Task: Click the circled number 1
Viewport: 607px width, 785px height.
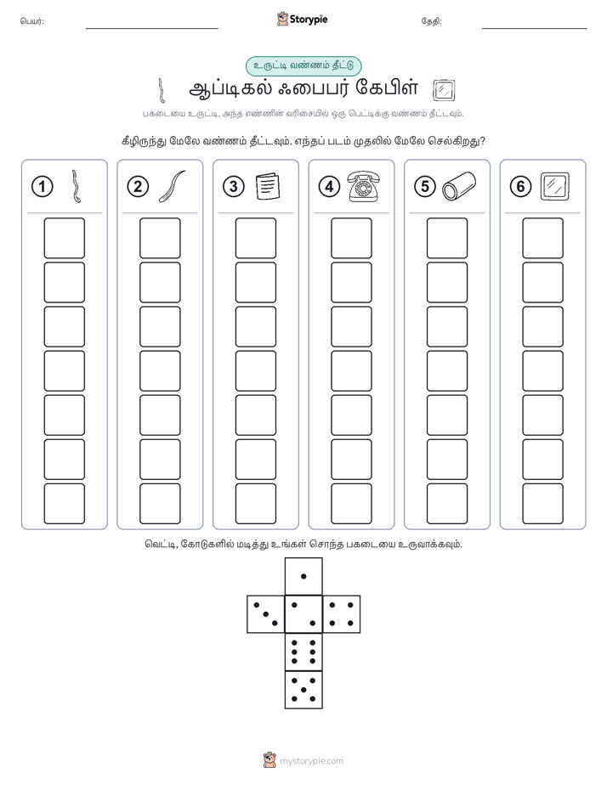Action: pos(42,187)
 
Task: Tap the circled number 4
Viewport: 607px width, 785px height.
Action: pos(329,187)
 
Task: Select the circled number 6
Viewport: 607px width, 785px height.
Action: pos(520,187)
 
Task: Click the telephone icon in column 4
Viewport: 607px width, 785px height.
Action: pos(364,186)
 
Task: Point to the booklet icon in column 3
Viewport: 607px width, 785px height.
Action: pos(268,186)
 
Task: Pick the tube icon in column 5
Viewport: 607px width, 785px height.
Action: pos(459,186)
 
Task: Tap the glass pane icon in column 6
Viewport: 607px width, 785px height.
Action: pos(555,186)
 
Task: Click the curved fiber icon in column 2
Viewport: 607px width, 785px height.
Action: pos(173,186)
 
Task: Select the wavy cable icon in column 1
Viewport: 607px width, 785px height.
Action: pos(77,186)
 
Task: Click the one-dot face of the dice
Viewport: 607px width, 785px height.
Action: pos(303,576)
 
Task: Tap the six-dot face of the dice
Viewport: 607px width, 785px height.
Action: pos(303,652)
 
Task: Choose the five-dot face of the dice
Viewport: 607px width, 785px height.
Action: pos(303,690)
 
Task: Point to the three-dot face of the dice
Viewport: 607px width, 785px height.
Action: pos(266,614)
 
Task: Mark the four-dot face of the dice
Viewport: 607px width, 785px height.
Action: pos(342,614)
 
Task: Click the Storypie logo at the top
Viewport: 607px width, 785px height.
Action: pos(302,20)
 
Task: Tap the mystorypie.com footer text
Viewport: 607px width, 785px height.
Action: pos(311,761)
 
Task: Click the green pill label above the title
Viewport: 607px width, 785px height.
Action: pos(303,66)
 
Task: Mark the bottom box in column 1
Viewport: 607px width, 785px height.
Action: pos(64,504)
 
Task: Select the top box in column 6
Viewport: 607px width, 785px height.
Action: pos(543,238)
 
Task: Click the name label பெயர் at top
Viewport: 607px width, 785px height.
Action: pos(32,21)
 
